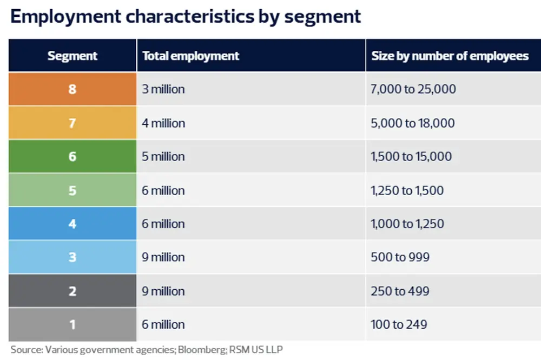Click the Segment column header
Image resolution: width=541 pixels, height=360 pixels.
[x=72, y=56]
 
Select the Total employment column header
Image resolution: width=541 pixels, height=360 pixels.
[x=190, y=56]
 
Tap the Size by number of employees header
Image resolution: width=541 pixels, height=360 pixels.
[x=450, y=56]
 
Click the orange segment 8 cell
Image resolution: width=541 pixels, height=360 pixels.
[x=72, y=89]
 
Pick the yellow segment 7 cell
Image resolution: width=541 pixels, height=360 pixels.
[x=72, y=123]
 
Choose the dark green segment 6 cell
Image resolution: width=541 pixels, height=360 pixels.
[x=72, y=156]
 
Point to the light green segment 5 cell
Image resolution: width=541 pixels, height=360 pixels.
[x=72, y=190]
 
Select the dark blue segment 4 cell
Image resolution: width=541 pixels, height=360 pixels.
[x=72, y=224]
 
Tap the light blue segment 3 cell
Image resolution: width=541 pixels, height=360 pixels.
[x=72, y=257]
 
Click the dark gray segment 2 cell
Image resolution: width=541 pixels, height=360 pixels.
[x=72, y=291]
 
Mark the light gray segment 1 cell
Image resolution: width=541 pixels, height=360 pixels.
[x=72, y=324]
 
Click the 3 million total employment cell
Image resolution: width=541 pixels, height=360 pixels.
[x=163, y=89]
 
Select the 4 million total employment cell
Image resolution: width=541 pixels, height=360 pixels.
[x=163, y=123]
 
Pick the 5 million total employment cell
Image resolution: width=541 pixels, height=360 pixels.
[x=163, y=156]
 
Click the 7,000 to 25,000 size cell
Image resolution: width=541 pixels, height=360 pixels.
[x=413, y=89]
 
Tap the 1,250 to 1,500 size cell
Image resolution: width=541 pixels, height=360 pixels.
[x=407, y=190]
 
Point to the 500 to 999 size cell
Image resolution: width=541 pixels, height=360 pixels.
[x=400, y=257]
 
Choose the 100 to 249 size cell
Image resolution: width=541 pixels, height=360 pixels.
[x=399, y=324]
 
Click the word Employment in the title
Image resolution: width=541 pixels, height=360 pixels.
[x=65, y=16]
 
